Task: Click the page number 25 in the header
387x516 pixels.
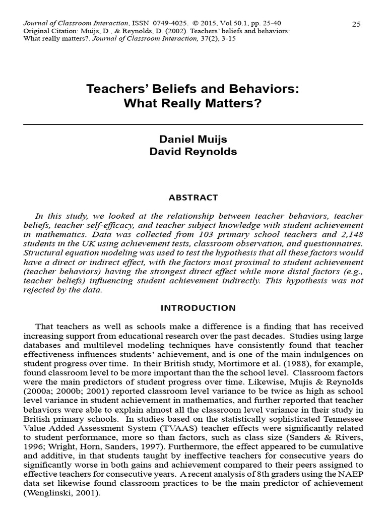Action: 356,24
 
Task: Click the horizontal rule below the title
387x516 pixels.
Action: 193,123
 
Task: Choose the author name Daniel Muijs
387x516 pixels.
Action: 193,140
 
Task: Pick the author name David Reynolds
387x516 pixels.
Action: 193,152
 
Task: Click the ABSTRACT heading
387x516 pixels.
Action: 193,197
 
